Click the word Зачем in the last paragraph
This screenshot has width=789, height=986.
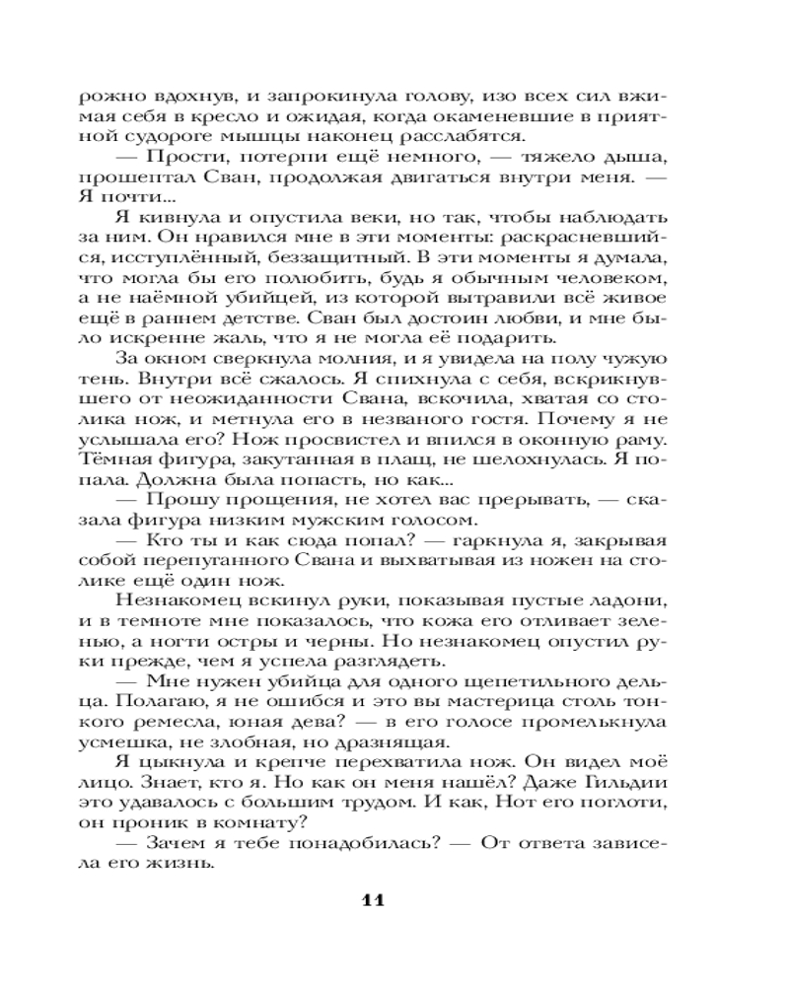(183, 844)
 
